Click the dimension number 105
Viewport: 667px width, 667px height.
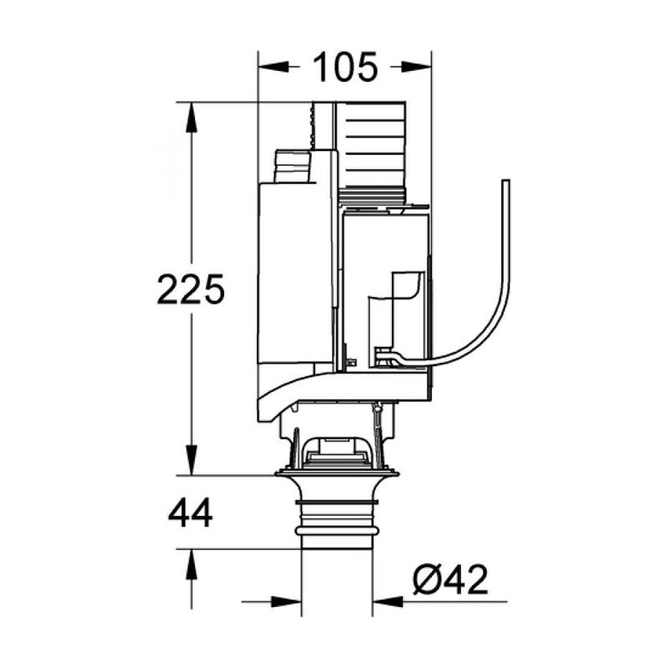click(x=345, y=67)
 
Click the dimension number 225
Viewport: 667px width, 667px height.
click(x=191, y=289)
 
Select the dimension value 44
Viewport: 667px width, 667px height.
click(x=190, y=514)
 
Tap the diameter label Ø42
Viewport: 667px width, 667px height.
click(x=450, y=579)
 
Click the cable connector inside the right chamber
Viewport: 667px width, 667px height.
click(x=387, y=357)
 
